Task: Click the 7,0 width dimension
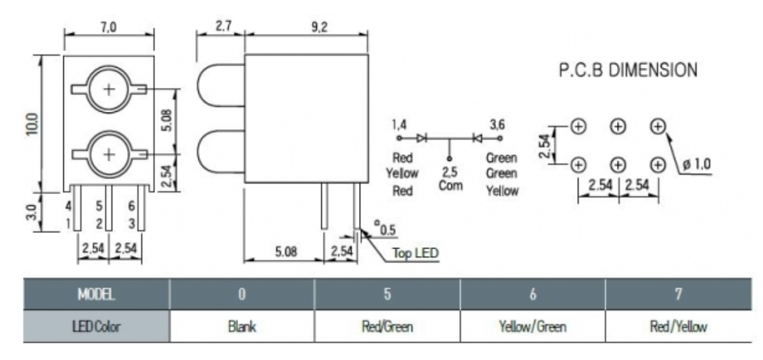click(x=108, y=27)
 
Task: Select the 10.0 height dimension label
click(x=32, y=124)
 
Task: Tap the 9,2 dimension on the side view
click(x=318, y=27)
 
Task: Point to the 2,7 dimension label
click(x=223, y=27)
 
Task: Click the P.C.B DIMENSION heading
click(x=628, y=70)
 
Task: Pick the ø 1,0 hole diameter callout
click(x=697, y=164)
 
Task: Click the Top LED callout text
click(x=416, y=253)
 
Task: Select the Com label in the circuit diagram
click(x=450, y=185)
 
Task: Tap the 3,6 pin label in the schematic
click(x=497, y=125)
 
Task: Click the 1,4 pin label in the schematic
click(x=399, y=125)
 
